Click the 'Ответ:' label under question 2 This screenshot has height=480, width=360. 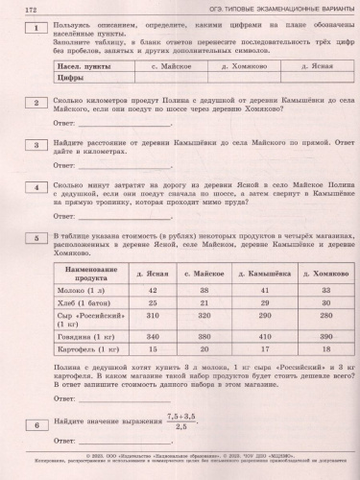66,125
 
